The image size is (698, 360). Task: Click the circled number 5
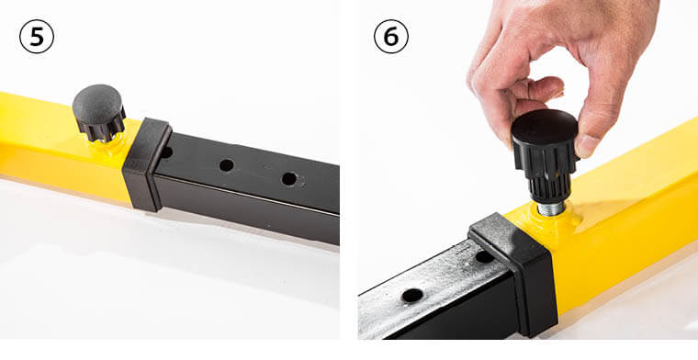coord(37,37)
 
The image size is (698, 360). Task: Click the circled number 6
coord(391,37)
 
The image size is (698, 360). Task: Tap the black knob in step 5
coord(99,113)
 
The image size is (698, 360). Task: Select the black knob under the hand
coord(544,157)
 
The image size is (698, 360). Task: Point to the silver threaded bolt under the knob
coord(551,208)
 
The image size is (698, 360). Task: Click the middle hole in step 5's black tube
coord(227,165)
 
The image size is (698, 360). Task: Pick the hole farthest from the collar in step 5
coord(289,179)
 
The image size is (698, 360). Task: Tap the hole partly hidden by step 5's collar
coord(166,152)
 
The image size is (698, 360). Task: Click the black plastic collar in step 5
coord(147,164)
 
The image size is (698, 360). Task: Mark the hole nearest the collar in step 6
coord(484,257)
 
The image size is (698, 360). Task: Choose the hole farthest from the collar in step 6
coord(412,296)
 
